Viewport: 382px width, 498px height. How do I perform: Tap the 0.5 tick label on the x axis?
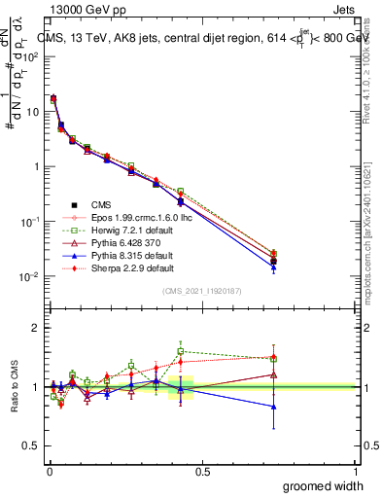point(203,472)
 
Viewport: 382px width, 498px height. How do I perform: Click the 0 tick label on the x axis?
point(49,472)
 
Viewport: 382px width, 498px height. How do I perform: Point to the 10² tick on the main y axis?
point(32,56)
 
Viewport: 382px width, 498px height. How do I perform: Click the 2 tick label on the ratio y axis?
point(36,328)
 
